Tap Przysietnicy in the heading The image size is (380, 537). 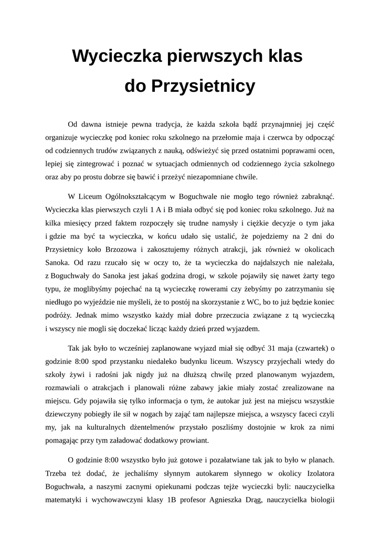tap(203, 85)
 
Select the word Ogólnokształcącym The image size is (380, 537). tap(136, 197)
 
